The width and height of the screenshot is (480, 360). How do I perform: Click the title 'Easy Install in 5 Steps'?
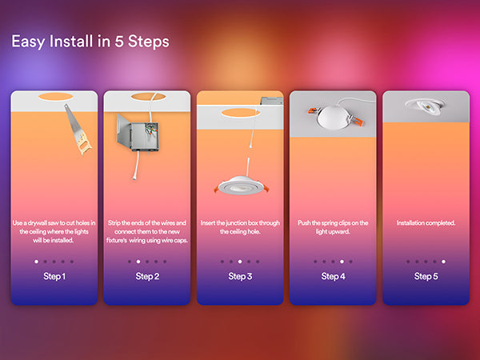[90, 42]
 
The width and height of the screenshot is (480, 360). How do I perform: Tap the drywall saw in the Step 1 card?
[78, 129]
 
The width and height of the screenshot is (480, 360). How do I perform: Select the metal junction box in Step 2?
[138, 133]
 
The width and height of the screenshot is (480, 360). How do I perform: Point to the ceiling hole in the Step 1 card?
[56, 97]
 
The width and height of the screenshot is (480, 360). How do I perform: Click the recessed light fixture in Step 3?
[242, 186]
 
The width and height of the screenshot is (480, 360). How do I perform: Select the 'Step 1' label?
[54, 277]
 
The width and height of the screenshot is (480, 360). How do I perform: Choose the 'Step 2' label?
[147, 277]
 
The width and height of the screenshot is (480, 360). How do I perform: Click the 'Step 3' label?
[240, 277]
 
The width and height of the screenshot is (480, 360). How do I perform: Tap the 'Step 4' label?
[333, 277]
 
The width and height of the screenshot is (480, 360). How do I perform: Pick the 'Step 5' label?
[426, 277]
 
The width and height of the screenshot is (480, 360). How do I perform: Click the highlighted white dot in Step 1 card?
[37, 262]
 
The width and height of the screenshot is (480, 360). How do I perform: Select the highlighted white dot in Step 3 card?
[240, 262]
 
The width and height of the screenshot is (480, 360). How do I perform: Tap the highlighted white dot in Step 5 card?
[443, 262]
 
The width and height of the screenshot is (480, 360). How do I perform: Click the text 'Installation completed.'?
[426, 223]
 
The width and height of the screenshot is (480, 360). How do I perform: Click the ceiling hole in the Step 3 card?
[241, 113]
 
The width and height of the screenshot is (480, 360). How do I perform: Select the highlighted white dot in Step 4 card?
[342, 262]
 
